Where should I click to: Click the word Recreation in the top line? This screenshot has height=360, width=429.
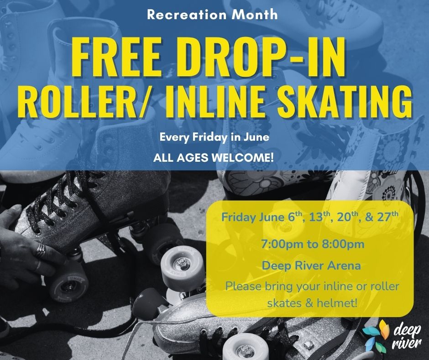coord(187,15)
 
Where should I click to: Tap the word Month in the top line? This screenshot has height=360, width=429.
coord(255,15)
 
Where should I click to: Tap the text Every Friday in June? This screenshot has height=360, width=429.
coord(214,137)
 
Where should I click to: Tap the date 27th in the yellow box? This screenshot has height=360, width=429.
coord(387,217)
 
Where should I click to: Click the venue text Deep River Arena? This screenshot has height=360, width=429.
coord(311,265)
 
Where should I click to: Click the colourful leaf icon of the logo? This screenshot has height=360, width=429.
coord(376,336)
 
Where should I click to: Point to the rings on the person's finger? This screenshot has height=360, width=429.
coord(40,251)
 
